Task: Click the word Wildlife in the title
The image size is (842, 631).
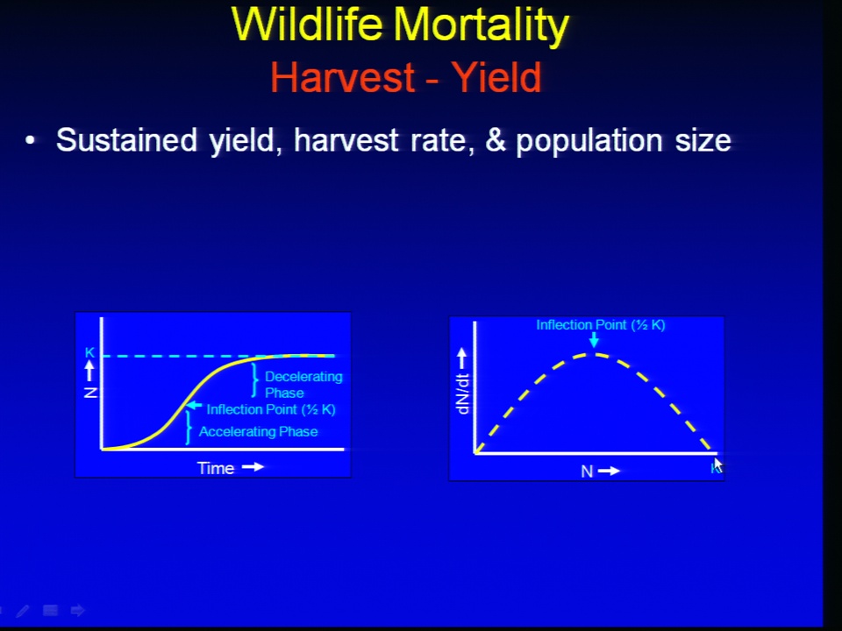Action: pyautogui.click(x=307, y=25)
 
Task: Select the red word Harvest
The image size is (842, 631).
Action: pyautogui.click(x=343, y=77)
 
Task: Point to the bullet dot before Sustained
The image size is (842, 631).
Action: pyautogui.click(x=30, y=140)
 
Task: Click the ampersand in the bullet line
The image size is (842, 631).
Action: pyautogui.click(x=496, y=140)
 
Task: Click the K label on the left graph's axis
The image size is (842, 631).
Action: pyautogui.click(x=89, y=352)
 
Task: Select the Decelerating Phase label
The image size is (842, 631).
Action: pyautogui.click(x=303, y=384)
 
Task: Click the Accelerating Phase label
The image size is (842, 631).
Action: pyautogui.click(x=258, y=431)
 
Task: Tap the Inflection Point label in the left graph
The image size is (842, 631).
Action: pyautogui.click(x=271, y=409)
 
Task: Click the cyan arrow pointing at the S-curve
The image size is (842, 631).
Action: pyautogui.click(x=194, y=406)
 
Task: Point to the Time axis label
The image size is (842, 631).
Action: pyautogui.click(x=216, y=468)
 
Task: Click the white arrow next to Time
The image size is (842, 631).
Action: pyautogui.click(x=253, y=467)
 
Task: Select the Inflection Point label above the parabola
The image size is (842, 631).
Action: pyautogui.click(x=600, y=324)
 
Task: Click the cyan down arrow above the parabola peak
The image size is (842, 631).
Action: pyautogui.click(x=594, y=340)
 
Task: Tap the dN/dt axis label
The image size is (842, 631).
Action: pyautogui.click(x=462, y=393)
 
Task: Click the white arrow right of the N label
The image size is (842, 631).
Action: pyautogui.click(x=609, y=471)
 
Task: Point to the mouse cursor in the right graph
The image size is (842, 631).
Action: pyautogui.click(x=718, y=465)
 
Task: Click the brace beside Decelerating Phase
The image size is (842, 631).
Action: pyautogui.click(x=254, y=379)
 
